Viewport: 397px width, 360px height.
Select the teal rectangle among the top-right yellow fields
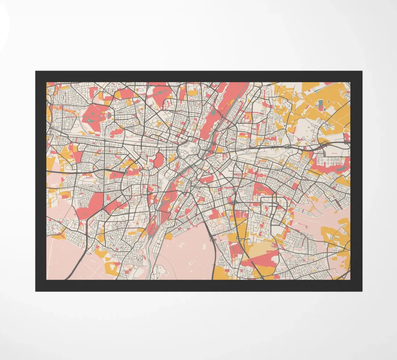(x=321, y=105)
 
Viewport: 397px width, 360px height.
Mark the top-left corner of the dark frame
(x=36, y=71)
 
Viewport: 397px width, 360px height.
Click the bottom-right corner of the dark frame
(x=362, y=291)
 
